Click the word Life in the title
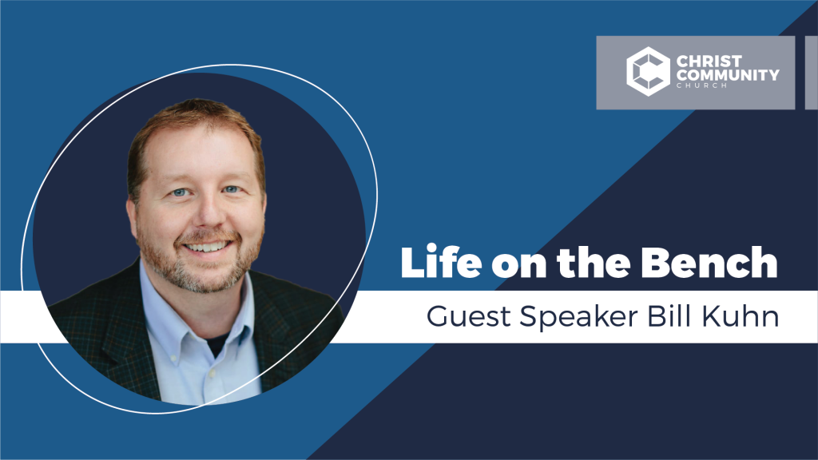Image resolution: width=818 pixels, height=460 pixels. [x=441, y=261]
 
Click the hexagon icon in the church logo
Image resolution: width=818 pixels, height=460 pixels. [x=648, y=71]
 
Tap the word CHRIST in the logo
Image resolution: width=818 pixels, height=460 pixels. [x=709, y=61]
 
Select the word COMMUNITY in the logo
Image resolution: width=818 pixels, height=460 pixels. [x=728, y=75]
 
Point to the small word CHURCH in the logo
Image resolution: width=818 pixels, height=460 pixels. [x=701, y=85]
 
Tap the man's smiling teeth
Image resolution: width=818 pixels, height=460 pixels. [x=207, y=247]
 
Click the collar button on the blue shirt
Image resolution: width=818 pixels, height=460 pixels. [x=212, y=374]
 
